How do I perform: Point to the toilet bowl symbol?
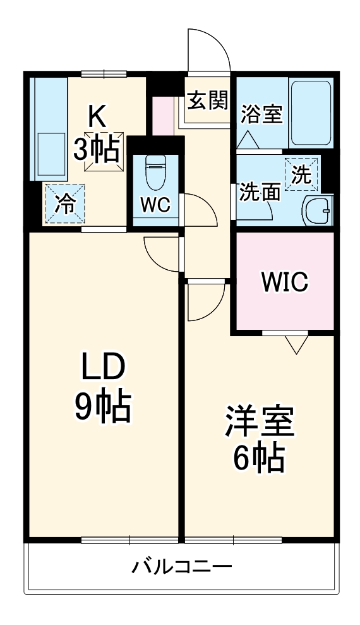click(x=154, y=172)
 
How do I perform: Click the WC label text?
click(x=155, y=206)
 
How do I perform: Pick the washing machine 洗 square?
click(x=301, y=173)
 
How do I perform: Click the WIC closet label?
click(x=284, y=282)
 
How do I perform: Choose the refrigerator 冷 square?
click(x=64, y=203)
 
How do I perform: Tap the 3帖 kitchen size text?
click(x=98, y=149)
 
